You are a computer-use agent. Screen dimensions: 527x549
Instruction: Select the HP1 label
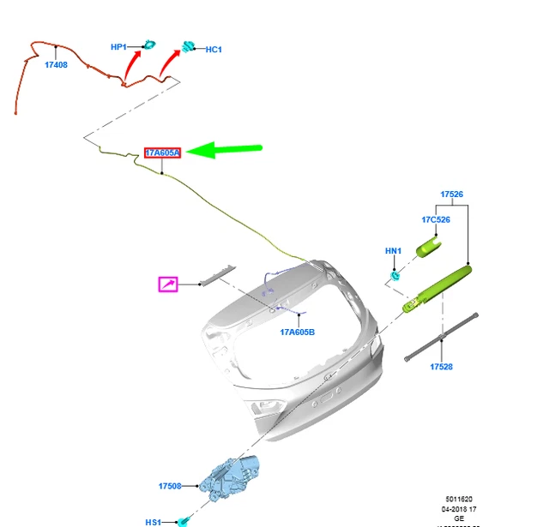click(x=118, y=47)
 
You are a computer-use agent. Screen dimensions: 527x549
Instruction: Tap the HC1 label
click(x=214, y=50)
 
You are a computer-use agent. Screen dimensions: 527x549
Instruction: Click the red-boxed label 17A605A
click(x=162, y=153)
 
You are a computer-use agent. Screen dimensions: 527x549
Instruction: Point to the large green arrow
click(x=225, y=151)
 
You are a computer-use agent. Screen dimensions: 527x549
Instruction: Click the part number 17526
click(x=452, y=195)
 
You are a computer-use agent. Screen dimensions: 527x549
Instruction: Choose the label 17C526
click(x=436, y=220)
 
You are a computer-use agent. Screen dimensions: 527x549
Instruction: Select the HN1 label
click(x=393, y=251)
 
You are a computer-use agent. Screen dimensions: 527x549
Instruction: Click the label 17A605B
click(x=298, y=332)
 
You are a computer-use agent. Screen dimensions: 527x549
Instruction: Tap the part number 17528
click(x=441, y=367)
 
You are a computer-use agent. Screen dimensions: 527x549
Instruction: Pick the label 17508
click(x=170, y=487)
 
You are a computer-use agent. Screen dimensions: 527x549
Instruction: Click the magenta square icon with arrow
click(x=167, y=284)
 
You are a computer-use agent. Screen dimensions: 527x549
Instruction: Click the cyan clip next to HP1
click(x=149, y=44)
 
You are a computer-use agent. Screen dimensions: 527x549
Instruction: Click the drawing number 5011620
click(x=458, y=499)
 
